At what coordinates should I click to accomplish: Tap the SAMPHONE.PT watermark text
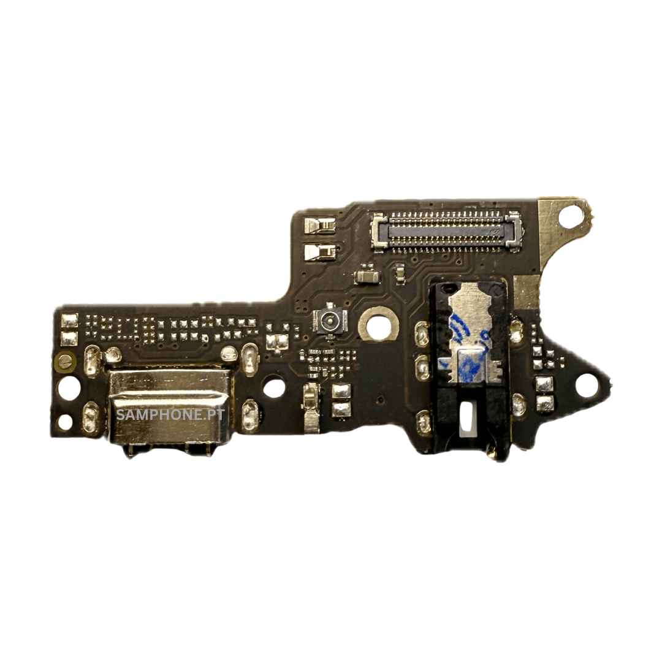point(170,415)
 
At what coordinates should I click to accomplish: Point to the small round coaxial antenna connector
point(330,320)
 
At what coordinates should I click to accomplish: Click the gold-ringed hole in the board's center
point(379,325)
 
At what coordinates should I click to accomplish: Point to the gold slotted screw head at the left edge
point(64,362)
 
